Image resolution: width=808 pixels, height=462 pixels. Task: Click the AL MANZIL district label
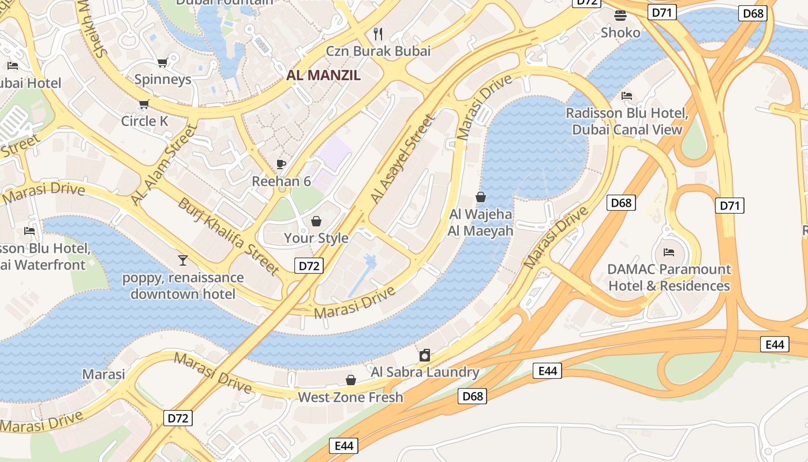[x=323, y=75]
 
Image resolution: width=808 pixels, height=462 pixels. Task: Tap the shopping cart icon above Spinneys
[x=163, y=62]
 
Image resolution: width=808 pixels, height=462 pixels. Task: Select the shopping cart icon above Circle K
[x=144, y=105]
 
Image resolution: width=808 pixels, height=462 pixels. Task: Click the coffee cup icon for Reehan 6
[x=281, y=164]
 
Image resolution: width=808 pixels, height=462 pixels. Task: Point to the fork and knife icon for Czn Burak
[x=378, y=33]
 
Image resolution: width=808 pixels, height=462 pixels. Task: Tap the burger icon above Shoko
[x=620, y=16]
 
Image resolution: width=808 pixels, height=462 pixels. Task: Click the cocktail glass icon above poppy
[x=183, y=260]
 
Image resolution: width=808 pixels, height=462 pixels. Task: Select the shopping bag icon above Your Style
[x=316, y=221]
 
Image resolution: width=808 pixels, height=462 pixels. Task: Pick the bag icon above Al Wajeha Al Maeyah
[x=480, y=197]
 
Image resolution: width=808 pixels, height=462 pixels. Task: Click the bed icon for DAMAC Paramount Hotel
[x=669, y=252]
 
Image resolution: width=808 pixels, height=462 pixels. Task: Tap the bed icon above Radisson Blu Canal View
[x=627, y=95]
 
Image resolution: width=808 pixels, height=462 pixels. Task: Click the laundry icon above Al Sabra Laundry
[x=425, y=355]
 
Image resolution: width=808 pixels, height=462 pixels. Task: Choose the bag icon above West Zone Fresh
[x=350, y=380]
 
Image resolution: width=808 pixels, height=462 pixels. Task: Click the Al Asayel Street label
[x=402, y=159]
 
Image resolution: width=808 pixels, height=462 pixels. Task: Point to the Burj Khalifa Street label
[x=229, y=236]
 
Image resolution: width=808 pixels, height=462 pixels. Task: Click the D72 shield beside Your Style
[x=309, y=266]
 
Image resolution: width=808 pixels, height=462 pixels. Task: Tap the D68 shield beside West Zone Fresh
[x=472, y=396]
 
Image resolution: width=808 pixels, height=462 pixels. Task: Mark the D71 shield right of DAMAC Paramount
[x=730, y=205]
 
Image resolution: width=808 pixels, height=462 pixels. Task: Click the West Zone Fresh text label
[x=350, y=397]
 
